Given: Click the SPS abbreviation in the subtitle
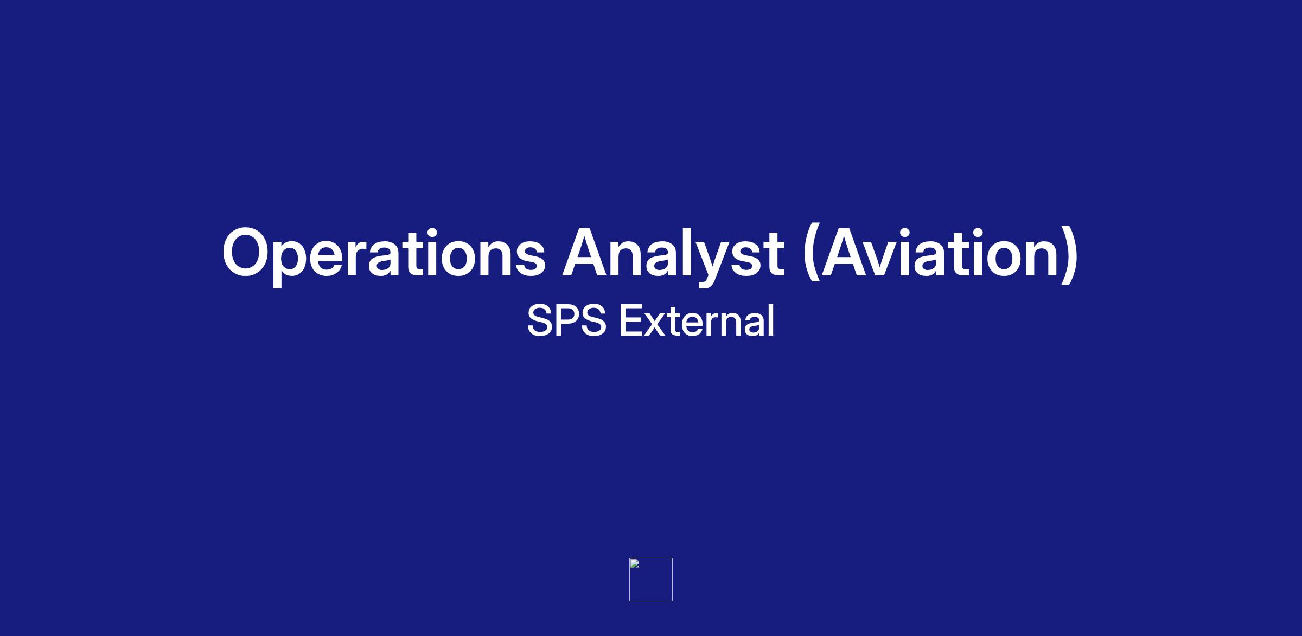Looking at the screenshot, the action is tap(566, 320).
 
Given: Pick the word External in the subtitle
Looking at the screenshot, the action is tap(697, 320).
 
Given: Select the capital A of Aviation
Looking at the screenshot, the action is tap(846, 253).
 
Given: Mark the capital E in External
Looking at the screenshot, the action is tap(632, 320).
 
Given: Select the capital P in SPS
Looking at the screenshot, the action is tap(566, 320).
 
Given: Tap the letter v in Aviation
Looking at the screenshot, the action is tap(889, 259).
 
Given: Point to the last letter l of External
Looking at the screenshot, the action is tap(772, 319).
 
